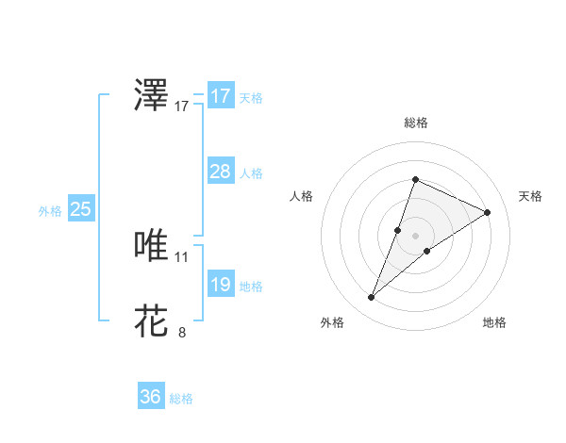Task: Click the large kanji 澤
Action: click(152, 97)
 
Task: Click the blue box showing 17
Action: click(220, 96)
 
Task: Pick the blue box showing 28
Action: click(220, 172)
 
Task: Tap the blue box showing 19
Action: click(220, 285)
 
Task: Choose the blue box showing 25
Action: click(80, 209)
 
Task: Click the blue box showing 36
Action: click(150, 397)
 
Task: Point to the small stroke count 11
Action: click(182, 256)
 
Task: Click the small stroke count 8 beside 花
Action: click(182, 332)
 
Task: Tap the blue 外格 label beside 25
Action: click(50, 211)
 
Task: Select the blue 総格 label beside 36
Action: click(181, 399)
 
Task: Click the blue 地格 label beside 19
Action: click(251, 287)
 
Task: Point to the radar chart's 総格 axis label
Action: click(415, 123)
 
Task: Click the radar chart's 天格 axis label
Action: click(531, 196)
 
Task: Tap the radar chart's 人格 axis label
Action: click(301, 196)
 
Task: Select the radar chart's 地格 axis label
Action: click(494, 323)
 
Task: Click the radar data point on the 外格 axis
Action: click(372, 298)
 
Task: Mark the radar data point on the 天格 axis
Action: click(488, 213)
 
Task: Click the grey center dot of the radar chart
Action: click(415, 236)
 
